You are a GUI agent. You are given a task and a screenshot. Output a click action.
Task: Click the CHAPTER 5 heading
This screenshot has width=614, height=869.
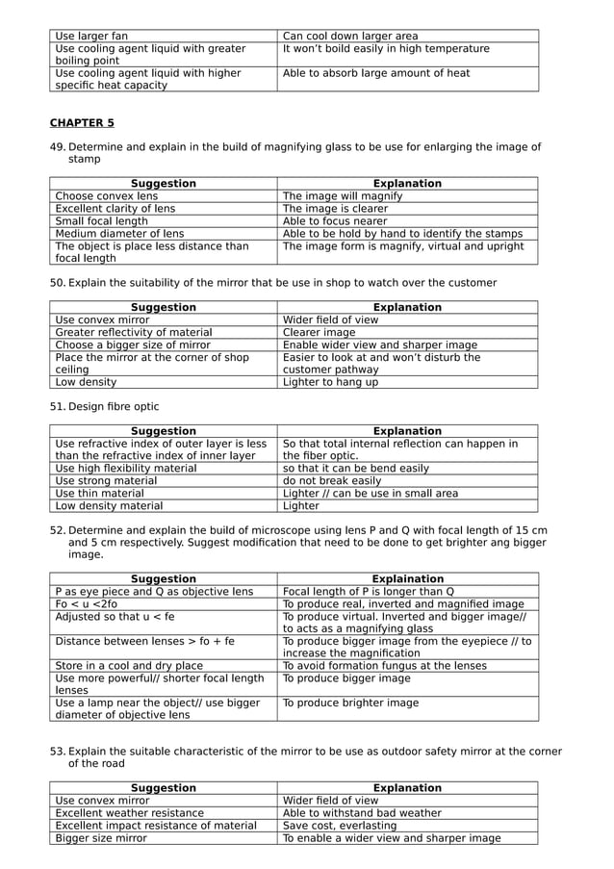coord(82,123)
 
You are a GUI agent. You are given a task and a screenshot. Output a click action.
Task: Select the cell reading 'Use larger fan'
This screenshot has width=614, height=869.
coord(91,36)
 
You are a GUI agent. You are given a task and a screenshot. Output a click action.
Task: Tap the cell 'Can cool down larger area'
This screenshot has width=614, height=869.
coord(350,36)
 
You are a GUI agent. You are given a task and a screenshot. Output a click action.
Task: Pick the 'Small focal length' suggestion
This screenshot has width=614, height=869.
coord(101,221)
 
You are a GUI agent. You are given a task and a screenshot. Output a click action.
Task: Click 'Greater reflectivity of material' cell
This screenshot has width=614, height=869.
coord(134,333)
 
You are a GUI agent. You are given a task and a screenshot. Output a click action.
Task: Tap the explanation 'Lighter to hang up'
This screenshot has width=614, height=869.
coord(330,382)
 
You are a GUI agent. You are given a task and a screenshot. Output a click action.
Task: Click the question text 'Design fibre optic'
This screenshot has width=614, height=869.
coord(114,407)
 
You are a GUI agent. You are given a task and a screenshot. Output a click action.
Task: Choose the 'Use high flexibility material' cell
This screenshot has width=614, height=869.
coord(125,469)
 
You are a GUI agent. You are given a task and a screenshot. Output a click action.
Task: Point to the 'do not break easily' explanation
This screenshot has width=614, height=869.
coord(331,481)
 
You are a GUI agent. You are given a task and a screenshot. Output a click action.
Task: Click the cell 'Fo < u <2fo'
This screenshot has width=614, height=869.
coord(87,604)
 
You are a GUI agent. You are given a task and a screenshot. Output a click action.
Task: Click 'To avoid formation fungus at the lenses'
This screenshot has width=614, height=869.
coord(385,666)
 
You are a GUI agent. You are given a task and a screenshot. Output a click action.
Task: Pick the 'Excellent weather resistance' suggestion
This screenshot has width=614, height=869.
coord(129,813)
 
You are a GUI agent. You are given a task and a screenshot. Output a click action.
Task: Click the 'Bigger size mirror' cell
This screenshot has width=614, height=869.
coord(101,838)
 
